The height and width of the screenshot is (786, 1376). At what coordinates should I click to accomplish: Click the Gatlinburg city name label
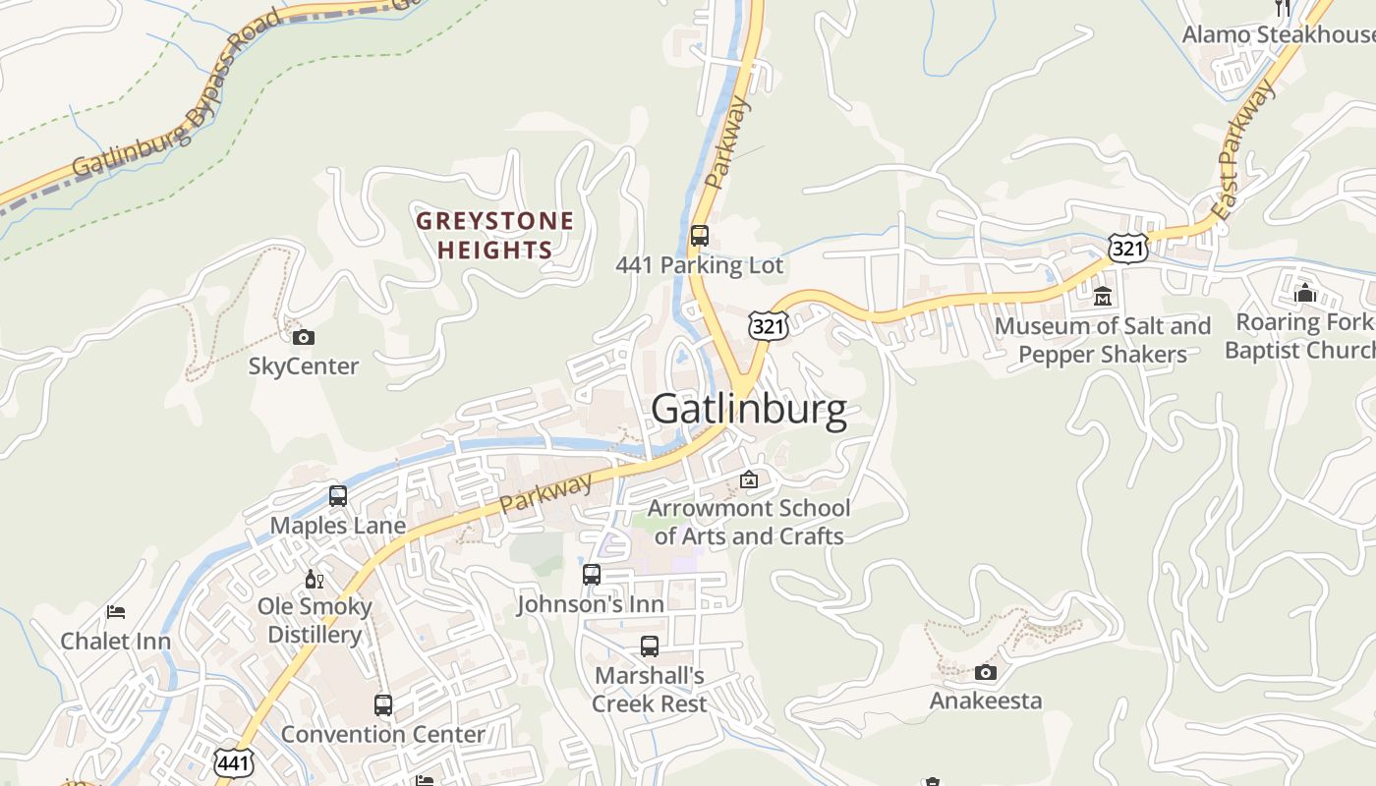coord(748,409)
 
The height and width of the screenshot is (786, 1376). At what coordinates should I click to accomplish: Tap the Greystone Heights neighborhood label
coord(494,235)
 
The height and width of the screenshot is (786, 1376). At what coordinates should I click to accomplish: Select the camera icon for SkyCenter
coord(304,338)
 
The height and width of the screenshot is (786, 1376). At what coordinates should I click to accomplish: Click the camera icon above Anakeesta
coord(985,673)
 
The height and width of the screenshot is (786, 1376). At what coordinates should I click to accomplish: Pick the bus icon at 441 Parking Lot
coord(699,236)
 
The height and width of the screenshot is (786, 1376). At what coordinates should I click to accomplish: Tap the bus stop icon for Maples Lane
coord(338,496)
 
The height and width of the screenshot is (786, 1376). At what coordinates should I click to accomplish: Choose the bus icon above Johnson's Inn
coord(591,575)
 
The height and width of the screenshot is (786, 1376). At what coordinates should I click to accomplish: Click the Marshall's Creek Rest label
coord(650,690)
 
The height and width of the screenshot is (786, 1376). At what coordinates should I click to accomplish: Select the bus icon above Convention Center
coord(383,704)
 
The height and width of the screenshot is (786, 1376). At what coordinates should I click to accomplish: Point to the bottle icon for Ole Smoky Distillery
coord(315,579)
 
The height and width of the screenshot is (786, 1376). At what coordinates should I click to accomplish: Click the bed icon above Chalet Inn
coord(116,612)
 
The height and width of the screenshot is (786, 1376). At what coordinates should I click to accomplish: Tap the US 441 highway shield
coord(233,762)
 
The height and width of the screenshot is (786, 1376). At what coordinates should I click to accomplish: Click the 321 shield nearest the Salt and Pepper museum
coord(1127,249)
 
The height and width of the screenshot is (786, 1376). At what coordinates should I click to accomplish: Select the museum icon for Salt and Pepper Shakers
coord(1103,296)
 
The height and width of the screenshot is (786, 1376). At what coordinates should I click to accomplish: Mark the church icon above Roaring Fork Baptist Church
coord(1305,293)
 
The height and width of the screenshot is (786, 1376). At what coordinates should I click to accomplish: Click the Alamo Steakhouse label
coord(1278,34)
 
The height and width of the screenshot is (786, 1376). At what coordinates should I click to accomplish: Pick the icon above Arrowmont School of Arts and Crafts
coord(749,479)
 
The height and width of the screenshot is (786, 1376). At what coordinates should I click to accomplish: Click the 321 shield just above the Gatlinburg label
coord(767,326)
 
